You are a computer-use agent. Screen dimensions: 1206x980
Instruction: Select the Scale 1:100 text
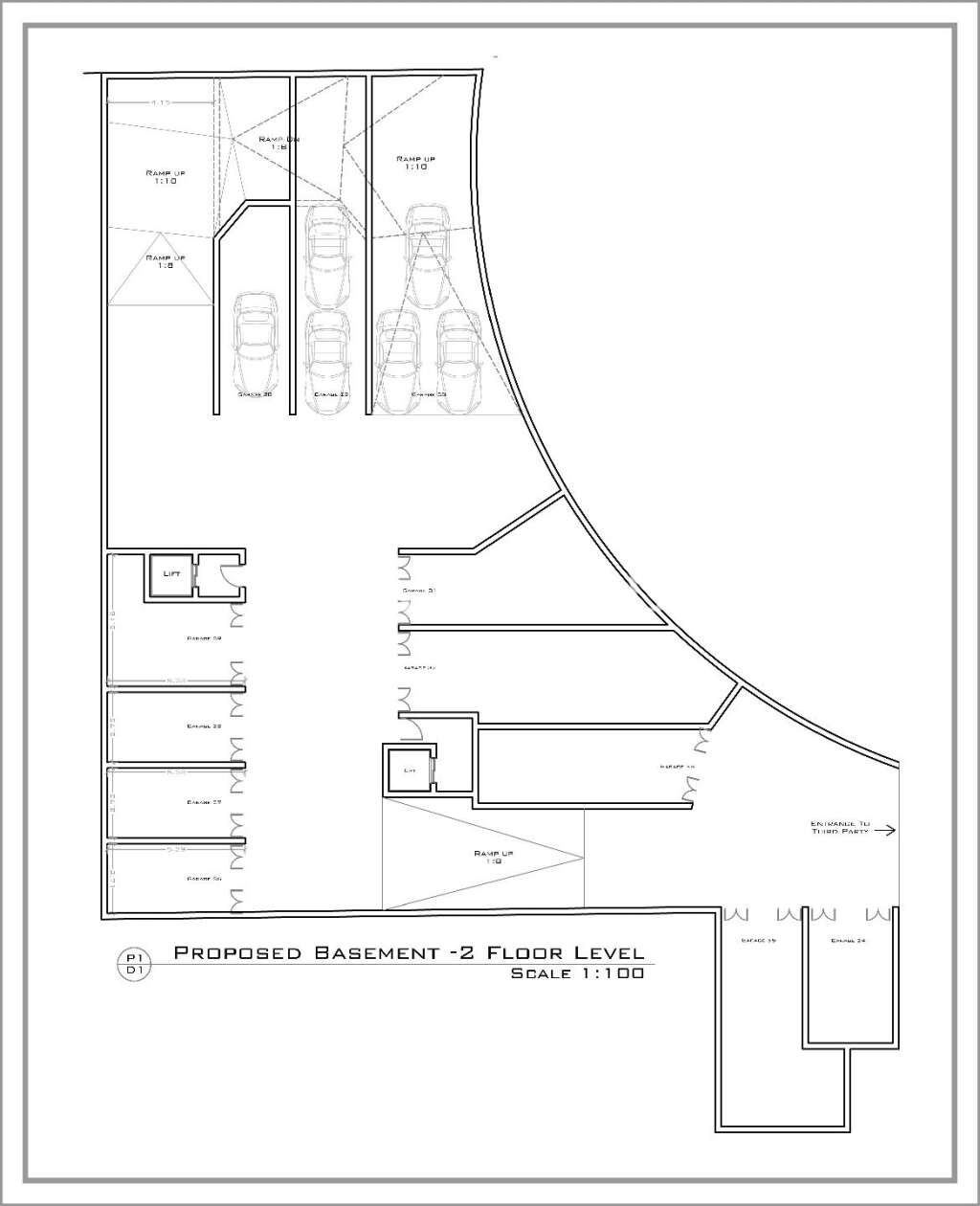click(576, 974)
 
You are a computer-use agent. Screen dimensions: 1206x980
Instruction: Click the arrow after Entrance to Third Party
click(884, 831)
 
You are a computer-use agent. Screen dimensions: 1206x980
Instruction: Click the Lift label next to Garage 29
click(172, 573)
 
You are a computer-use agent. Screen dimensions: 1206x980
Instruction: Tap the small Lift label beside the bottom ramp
click(410, 770)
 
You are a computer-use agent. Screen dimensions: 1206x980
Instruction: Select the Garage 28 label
click(204, 726)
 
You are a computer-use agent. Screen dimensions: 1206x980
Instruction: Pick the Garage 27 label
click(204, 802)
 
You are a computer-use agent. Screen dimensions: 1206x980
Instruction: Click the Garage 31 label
click(419, 591)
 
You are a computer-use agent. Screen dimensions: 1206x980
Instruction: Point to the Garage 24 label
click(848, 941)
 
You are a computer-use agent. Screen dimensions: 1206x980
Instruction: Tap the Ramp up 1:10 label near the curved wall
click(413, 163)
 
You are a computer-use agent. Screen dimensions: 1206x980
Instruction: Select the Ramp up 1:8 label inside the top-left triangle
click(165, 261)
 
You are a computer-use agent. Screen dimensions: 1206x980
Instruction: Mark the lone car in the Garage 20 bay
click(255, 340)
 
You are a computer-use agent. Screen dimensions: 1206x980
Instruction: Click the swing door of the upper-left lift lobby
click(229, 574)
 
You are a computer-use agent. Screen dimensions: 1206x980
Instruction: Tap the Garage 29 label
click(204, 637)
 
